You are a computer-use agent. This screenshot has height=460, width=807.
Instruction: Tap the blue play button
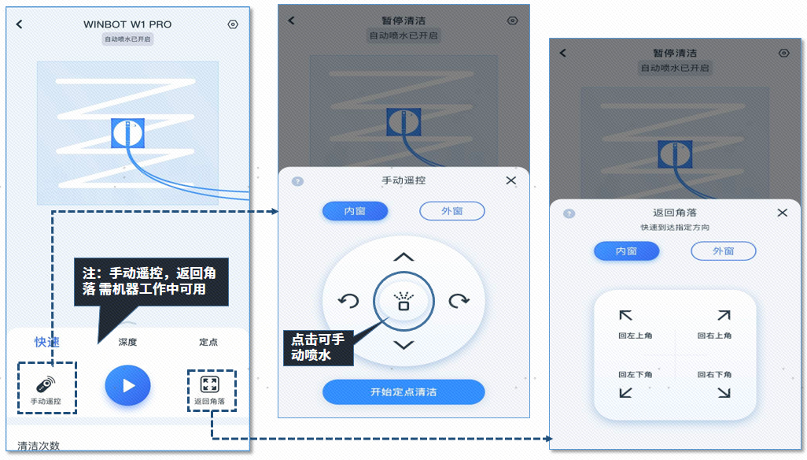point(127,386)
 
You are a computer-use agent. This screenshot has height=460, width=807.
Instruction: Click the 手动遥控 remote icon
point(46,384)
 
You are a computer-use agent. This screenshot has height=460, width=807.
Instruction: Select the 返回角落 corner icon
point(209,384)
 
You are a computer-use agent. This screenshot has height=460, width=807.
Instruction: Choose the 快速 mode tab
point(47,342)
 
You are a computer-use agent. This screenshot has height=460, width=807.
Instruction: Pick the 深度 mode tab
point(127,342)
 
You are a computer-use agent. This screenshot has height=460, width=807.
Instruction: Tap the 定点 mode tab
point(208,342)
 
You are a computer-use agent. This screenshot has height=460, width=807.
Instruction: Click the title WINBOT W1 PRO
point(127,24)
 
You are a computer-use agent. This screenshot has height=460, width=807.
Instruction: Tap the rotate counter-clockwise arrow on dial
point(348,301)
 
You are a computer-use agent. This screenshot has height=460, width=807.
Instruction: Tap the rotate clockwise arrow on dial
point(459,301)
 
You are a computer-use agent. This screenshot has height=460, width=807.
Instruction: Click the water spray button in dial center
point(403,301)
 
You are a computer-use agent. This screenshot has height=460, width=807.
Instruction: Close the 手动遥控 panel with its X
point(511,180)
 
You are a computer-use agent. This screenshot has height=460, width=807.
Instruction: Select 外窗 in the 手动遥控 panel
point(451,211)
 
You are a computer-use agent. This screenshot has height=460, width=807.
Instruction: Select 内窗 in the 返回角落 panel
point(626,251)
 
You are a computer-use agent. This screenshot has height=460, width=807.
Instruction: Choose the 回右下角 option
point(717,383)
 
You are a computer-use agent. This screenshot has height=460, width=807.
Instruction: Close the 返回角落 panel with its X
point(782,213)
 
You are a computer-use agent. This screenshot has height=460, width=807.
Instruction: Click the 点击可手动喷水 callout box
point(318,347)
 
